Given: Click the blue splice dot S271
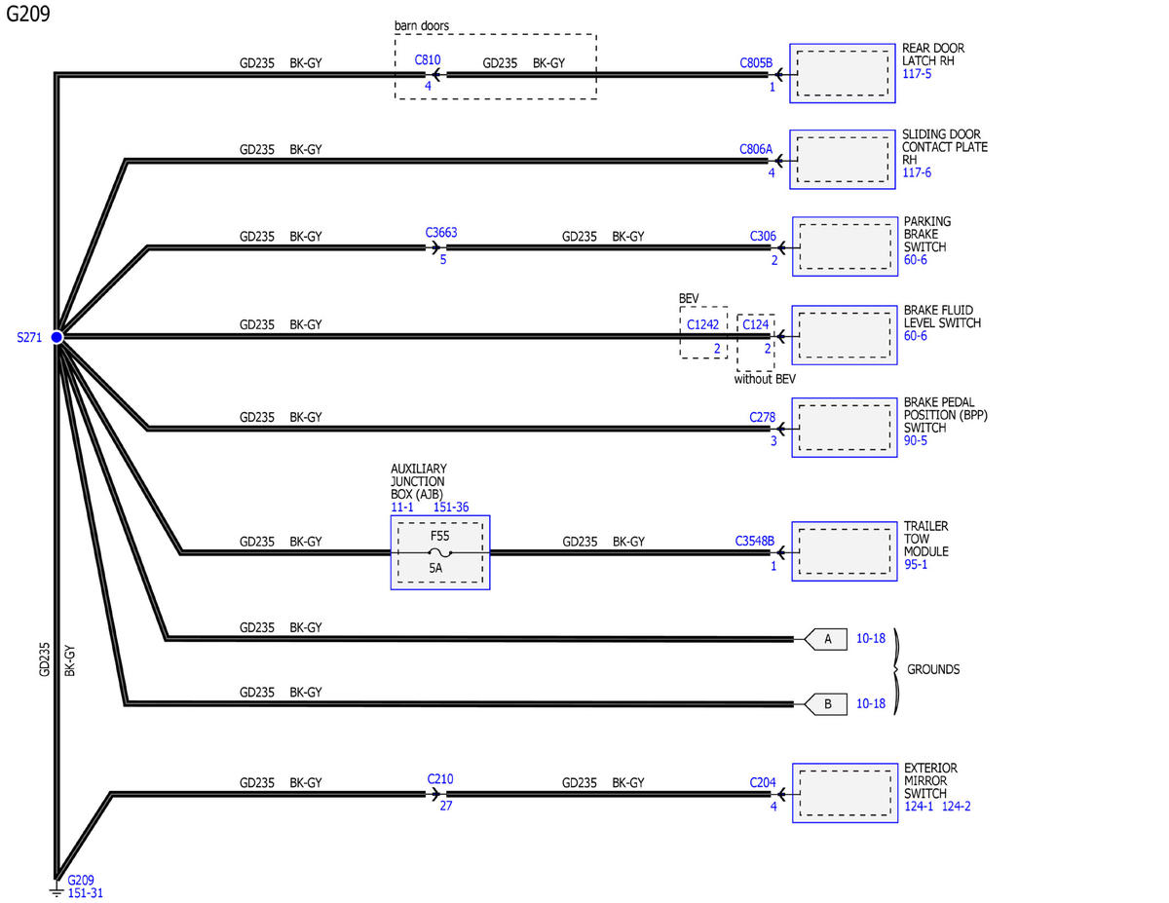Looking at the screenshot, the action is pos(57,337).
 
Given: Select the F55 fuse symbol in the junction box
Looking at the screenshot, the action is pos(440,552).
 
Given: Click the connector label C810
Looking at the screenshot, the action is pos(427,59).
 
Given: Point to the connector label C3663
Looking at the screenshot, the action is pos(441,233).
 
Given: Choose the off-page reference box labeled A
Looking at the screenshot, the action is pos(826,639).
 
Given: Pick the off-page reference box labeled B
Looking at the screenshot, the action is pos(826,704).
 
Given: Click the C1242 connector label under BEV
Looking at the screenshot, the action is pos(702,324).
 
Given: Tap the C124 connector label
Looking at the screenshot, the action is pos(755,324).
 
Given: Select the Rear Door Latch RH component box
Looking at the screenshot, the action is pos(843,73).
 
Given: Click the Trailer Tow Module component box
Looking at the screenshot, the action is pos(845,551).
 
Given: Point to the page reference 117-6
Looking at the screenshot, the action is pos(917,172).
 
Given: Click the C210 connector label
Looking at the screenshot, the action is pos(440,778).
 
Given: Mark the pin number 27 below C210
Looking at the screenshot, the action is pos(446,806).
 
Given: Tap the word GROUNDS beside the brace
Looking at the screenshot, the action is pos(933,669).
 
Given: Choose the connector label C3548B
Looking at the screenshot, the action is pos(755,541).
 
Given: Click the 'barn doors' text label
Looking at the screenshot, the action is pos(422,25).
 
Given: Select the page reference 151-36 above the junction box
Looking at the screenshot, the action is pos(451,508).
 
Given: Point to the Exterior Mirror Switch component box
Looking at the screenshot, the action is pos(846,793).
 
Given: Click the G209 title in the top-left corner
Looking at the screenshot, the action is pos(28,14).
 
